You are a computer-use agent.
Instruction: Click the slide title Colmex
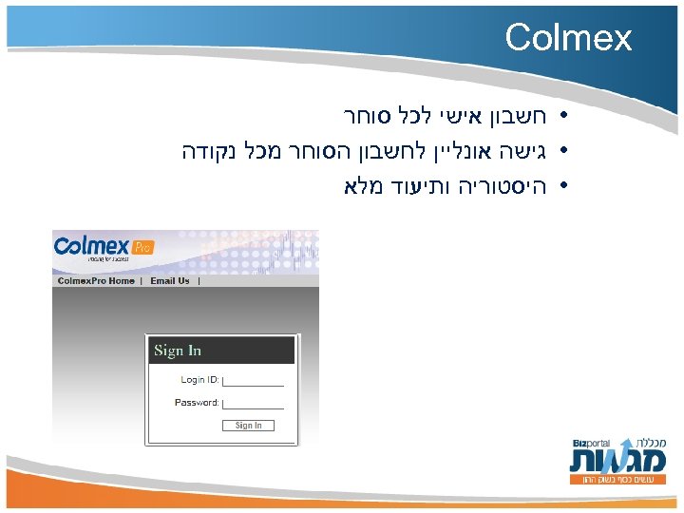pyautogui.click(x=568, y=38)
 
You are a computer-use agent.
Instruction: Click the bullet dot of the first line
pyautogui.click(x=563, y=119)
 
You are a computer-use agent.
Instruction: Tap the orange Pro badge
pyautogui.click(x=142, y=248)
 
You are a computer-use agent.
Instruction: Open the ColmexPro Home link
pyautogui.click(x=96, y=281)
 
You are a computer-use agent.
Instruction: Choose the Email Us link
pyautogui.click(x=170, y=281)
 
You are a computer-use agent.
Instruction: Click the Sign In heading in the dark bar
pyautogui.click(x=178, y=351)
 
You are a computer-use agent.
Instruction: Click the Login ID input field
pyautogui.click(x=253, y=381)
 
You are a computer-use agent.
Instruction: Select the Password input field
pyautogui.click(x=253, y=404)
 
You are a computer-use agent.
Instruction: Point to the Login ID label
pyautogui.click(x=199, y=380)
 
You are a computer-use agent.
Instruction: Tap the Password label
pyautogui.click(x=197, y=403)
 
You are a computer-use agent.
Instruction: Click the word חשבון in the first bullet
pyautogui.click(x=514, y=118)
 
